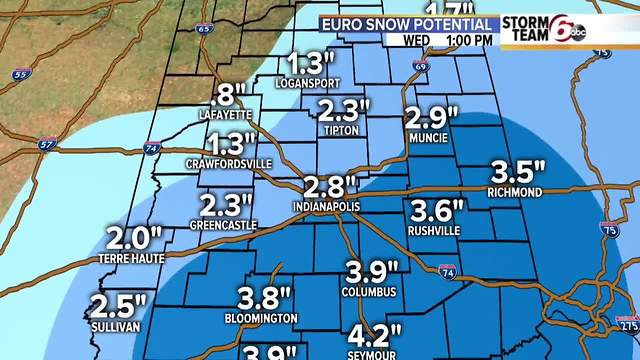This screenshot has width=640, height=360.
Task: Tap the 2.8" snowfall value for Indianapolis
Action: [326, 187]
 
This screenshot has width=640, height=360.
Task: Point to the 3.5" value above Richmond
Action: [518, 170]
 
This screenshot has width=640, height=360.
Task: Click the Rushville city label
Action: [435, 230]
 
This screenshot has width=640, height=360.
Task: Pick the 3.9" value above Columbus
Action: [372, 270]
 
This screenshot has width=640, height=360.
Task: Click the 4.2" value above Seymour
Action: [374, 334]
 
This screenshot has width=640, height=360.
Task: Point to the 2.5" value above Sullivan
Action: [118, 305]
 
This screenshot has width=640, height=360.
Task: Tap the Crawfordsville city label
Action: [229, 162]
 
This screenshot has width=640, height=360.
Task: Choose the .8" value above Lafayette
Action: [229, 95]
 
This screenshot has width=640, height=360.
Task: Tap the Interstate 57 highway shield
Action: [46, 145]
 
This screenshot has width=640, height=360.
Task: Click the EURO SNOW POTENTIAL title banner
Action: [410, 23]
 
